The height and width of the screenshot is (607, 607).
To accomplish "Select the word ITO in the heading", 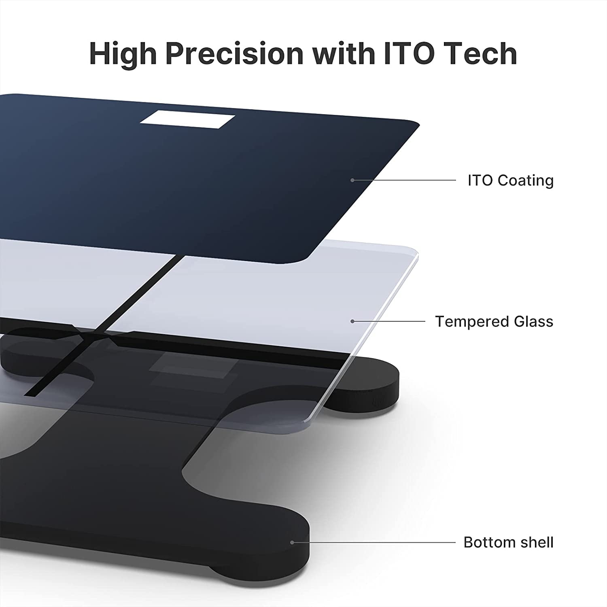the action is click(x=405, y=53).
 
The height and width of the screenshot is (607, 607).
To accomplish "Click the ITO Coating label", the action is click(x=511, y=180).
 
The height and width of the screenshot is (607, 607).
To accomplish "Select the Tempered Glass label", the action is click(x=494, y=321).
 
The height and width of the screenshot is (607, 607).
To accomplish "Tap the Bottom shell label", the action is click(x=508, y=542).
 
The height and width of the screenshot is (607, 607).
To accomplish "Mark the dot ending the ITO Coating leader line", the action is click(x=352, y=180).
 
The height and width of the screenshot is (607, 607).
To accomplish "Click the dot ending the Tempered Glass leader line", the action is click(x=352, y=321).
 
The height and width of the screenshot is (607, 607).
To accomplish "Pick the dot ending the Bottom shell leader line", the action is click(x=292, y=542).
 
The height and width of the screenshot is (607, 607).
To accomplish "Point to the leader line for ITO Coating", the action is click(x=404, y=180).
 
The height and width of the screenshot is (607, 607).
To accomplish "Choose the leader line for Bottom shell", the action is click(x=374, y=542).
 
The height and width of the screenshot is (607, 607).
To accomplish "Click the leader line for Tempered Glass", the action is click(x=389, y=321).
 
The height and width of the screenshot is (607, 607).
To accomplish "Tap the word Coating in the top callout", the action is click(x=526, y=180).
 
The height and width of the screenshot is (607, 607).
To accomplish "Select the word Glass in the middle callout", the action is click(x=534, y=321).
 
